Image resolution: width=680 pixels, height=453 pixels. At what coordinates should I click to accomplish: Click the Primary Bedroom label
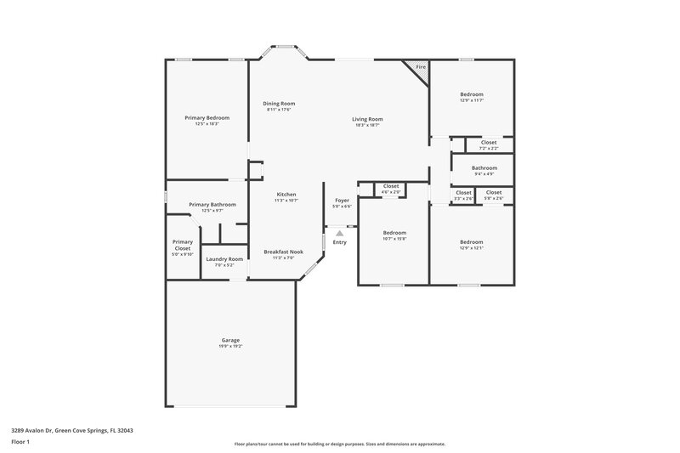tap(207, 117)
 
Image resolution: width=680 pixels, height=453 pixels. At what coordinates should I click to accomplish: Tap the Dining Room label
tap(279, 103)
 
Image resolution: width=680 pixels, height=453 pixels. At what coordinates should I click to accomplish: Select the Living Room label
tap(367, 119)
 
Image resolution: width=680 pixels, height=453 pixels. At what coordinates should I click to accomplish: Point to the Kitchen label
tap(286, 195)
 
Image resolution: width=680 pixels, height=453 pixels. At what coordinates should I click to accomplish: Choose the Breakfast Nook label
tap(284, 252)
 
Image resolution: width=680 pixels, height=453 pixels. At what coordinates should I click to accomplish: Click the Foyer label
tap(342, 201)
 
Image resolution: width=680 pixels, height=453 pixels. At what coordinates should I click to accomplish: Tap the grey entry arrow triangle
tap(339, 231)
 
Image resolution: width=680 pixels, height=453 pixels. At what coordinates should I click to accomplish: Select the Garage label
tap(230, 340)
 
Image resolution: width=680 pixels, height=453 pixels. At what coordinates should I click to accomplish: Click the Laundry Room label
tap(224, 258)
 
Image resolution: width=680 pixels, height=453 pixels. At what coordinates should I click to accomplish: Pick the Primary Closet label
tap(183, 245)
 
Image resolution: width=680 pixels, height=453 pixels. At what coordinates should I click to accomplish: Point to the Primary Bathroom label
tap(212, 204)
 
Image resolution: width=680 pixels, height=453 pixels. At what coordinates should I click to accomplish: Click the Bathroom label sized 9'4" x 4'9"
tap(484, 167)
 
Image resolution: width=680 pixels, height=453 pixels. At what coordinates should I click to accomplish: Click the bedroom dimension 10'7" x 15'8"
tap(394, 239)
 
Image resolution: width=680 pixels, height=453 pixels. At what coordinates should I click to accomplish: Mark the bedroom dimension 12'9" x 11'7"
tap(472, 100)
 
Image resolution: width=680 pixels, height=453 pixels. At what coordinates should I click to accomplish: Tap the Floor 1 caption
tap(20, 443)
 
